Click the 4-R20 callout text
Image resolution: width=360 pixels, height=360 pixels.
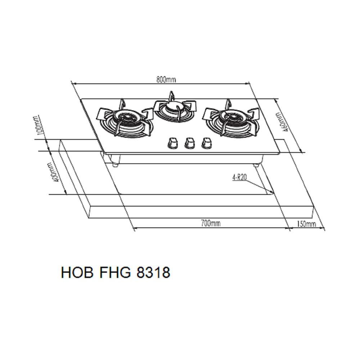(x=240, y=177)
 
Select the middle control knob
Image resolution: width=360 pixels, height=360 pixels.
(x=189, y=143)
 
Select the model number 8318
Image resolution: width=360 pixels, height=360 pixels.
(x=152, y=273)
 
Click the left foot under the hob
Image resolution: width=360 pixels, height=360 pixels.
(x=115, y=165)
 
